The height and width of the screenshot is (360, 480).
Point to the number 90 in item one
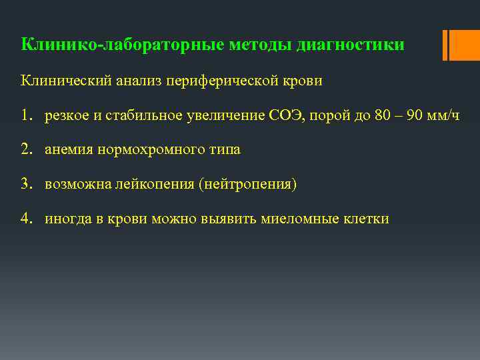[x=414, y=115]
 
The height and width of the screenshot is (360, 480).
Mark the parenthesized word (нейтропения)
[x=246, y=183]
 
